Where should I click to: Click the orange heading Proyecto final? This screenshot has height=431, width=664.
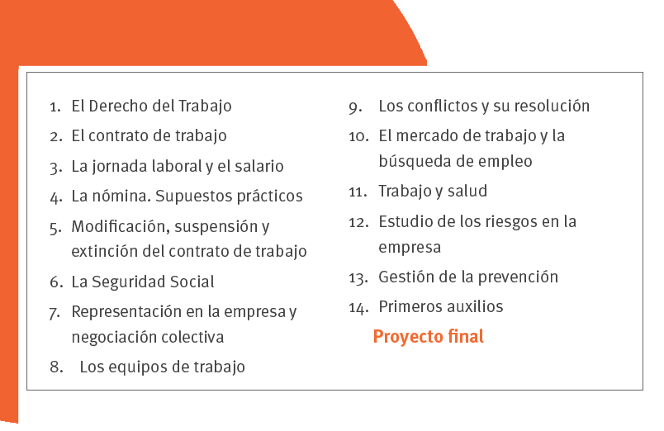pyautogui.click(x=428, y=337)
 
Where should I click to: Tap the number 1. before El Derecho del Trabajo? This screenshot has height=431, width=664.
pyautogui.click(x=55, y=107)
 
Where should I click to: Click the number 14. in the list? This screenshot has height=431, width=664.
pyautogui.click(x=358, y=308)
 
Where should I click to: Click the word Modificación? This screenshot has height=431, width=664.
pyautogui.click(x=121, y=226)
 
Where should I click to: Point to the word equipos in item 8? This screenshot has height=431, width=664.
pyautogui.click(x=146, y=367)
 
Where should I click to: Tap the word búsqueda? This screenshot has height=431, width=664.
pyautogui.click(x=412, y=162)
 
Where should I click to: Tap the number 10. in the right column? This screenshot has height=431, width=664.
pyautogui.click(x=358, y=137)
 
